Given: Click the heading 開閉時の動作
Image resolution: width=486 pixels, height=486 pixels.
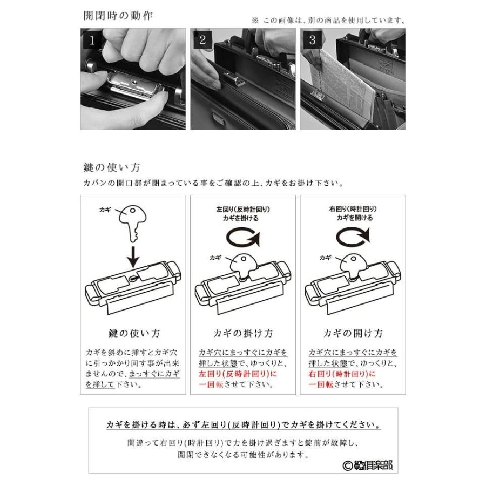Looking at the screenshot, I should pyautogui.click(x=118, y=15).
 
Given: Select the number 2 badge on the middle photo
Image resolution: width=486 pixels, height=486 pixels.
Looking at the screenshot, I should pyautogui.click(x=202, y=39).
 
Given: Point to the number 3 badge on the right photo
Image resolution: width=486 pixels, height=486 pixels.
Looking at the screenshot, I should pyautogui.click(x=312, y=39).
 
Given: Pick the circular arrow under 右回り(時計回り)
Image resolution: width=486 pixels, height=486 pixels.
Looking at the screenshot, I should pyautogui.click(x=353, y=237).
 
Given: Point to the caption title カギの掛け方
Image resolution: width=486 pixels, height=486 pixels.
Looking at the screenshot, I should pyautogui.click(x=242, y=333).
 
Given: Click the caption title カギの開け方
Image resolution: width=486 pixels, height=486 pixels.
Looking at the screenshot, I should pyautogui.click(x=353, y=333).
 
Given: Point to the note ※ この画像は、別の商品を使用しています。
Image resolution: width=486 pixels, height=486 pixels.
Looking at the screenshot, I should pyautogui.click(x=328, y=21).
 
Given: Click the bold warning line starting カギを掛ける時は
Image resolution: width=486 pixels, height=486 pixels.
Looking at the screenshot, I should pyautogui.click(x=243, y=424).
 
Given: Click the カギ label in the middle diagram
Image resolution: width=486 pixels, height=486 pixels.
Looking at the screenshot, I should pyautogui.click(x=215, y=258).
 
